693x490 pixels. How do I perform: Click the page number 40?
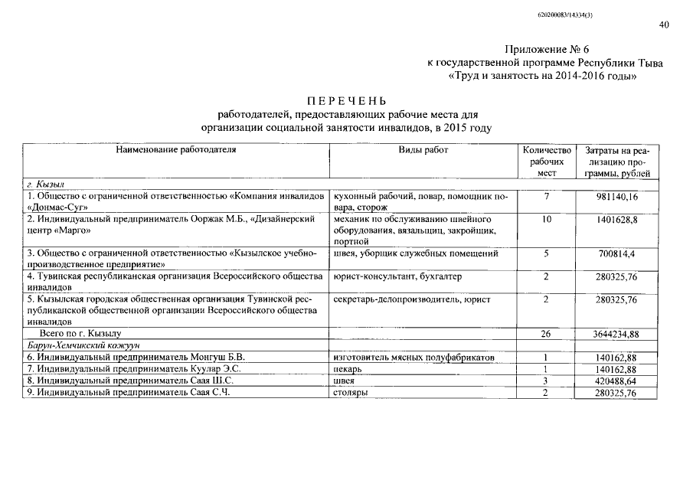coord(663,24)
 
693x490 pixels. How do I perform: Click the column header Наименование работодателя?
coord(175,150)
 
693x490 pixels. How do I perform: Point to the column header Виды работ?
coord(423,150)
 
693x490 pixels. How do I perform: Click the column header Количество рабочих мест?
coord(546,162)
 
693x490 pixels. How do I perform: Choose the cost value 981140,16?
coord(621,197)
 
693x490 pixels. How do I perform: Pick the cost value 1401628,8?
coord(621,219)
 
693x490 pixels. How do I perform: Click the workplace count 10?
coord(546,219)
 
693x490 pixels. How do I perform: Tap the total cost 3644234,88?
coord(621,334)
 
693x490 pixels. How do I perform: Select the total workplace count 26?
coord(546,334)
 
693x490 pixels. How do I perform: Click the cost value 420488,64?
coord(621,381)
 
